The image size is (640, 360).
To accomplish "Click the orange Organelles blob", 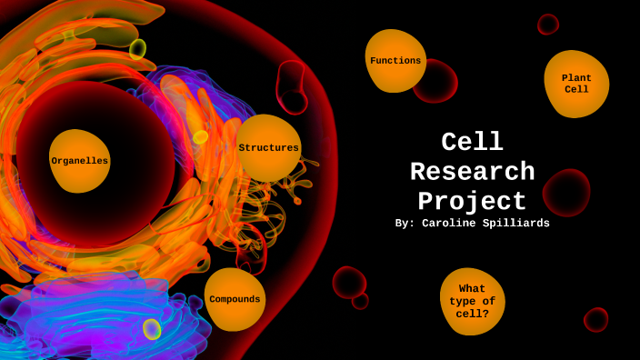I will [x=80, y=161].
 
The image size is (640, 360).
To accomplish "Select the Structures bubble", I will [x=268, y=147].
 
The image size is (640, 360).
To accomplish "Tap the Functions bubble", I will [x=395, y=61].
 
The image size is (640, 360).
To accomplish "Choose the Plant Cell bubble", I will [x=576, y=84].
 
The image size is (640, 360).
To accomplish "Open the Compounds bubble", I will [x=235, y=299].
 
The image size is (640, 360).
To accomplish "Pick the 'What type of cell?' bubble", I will [x=472, y=302].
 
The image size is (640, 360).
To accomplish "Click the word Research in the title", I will [x=472, y=172].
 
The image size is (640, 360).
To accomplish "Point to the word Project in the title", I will [x=472, y=201].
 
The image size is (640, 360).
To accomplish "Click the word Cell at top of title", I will [x=472, y=142].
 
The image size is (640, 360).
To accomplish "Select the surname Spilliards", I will [x=515, y=224].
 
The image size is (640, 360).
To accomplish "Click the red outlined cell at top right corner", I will [x=547, y=25].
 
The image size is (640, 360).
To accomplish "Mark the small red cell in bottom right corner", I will [x=596, y=320].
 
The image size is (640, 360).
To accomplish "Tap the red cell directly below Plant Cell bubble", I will [x=566, y=193].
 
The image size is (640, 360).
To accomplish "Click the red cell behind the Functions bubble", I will [x=437, y=82].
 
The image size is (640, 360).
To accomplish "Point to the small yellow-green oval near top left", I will [x=137, y=49].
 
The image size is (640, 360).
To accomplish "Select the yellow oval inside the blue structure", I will [x=152, y=329].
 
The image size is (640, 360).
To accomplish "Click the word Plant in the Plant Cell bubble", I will [x=576, y=78].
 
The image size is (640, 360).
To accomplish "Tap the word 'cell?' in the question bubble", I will [x=472, y=314].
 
